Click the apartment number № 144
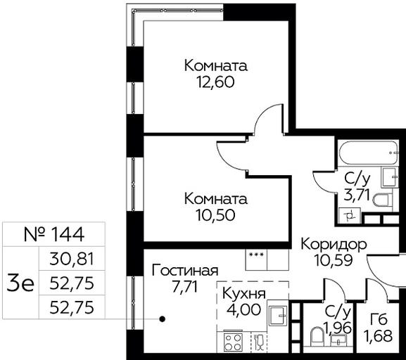point(54,234)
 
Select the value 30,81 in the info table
point(72,259)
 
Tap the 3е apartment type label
point(20,284)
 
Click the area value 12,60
point(216,82)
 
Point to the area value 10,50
point(216,215)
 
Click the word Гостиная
point(185,271)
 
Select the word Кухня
point(244,294)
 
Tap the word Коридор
point(334,244)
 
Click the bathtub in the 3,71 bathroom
point(369,153)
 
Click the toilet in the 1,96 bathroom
point(317,337)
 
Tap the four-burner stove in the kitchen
point(233,342)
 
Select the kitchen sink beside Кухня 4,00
point(278,316)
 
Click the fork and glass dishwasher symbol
point(259,342)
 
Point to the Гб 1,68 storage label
point(378,328)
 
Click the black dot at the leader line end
point(163,319)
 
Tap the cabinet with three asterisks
point(256,260)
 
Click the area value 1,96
point(337,328)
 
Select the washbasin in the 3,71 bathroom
point(389,177)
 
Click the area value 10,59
point(333,260)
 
